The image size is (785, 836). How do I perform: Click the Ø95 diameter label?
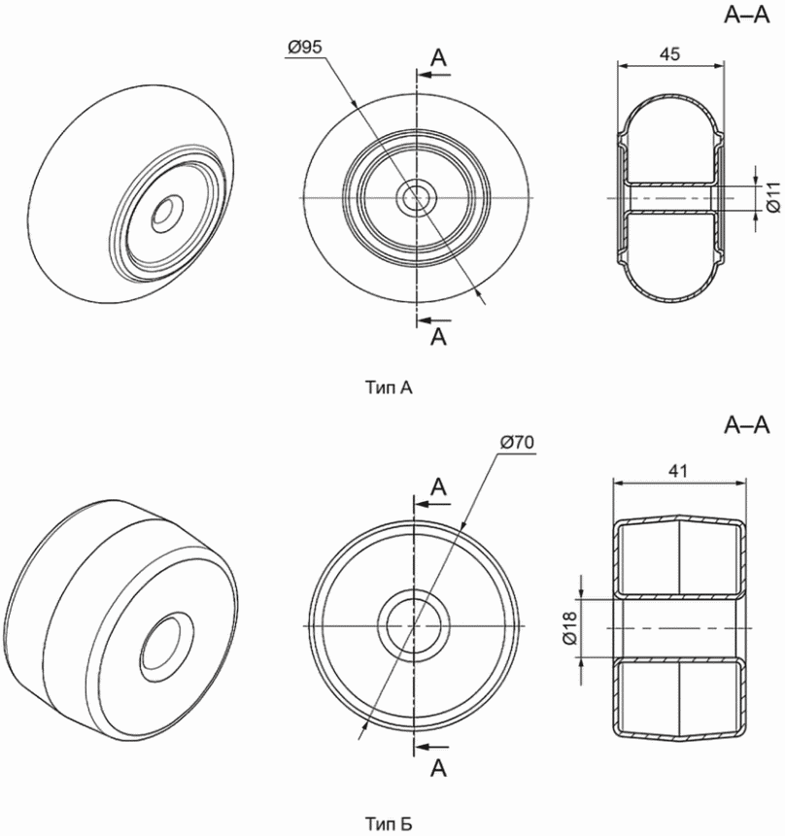(x=305, y=48)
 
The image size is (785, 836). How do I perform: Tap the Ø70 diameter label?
(x=517, y=442)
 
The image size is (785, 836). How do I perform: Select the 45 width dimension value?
(x=669, y=53)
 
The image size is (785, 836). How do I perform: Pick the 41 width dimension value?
(x=678, y=471)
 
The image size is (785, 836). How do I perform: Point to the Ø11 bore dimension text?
(x=773, y=197)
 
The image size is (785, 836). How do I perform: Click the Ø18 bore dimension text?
(x=570, y=628)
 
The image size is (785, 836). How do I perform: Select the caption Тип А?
(x=389, y=387)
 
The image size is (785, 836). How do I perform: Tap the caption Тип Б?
(x=389, y=823)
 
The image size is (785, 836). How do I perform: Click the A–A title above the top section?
(x=747, y=16)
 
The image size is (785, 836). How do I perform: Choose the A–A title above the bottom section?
(x=747, y=425)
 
